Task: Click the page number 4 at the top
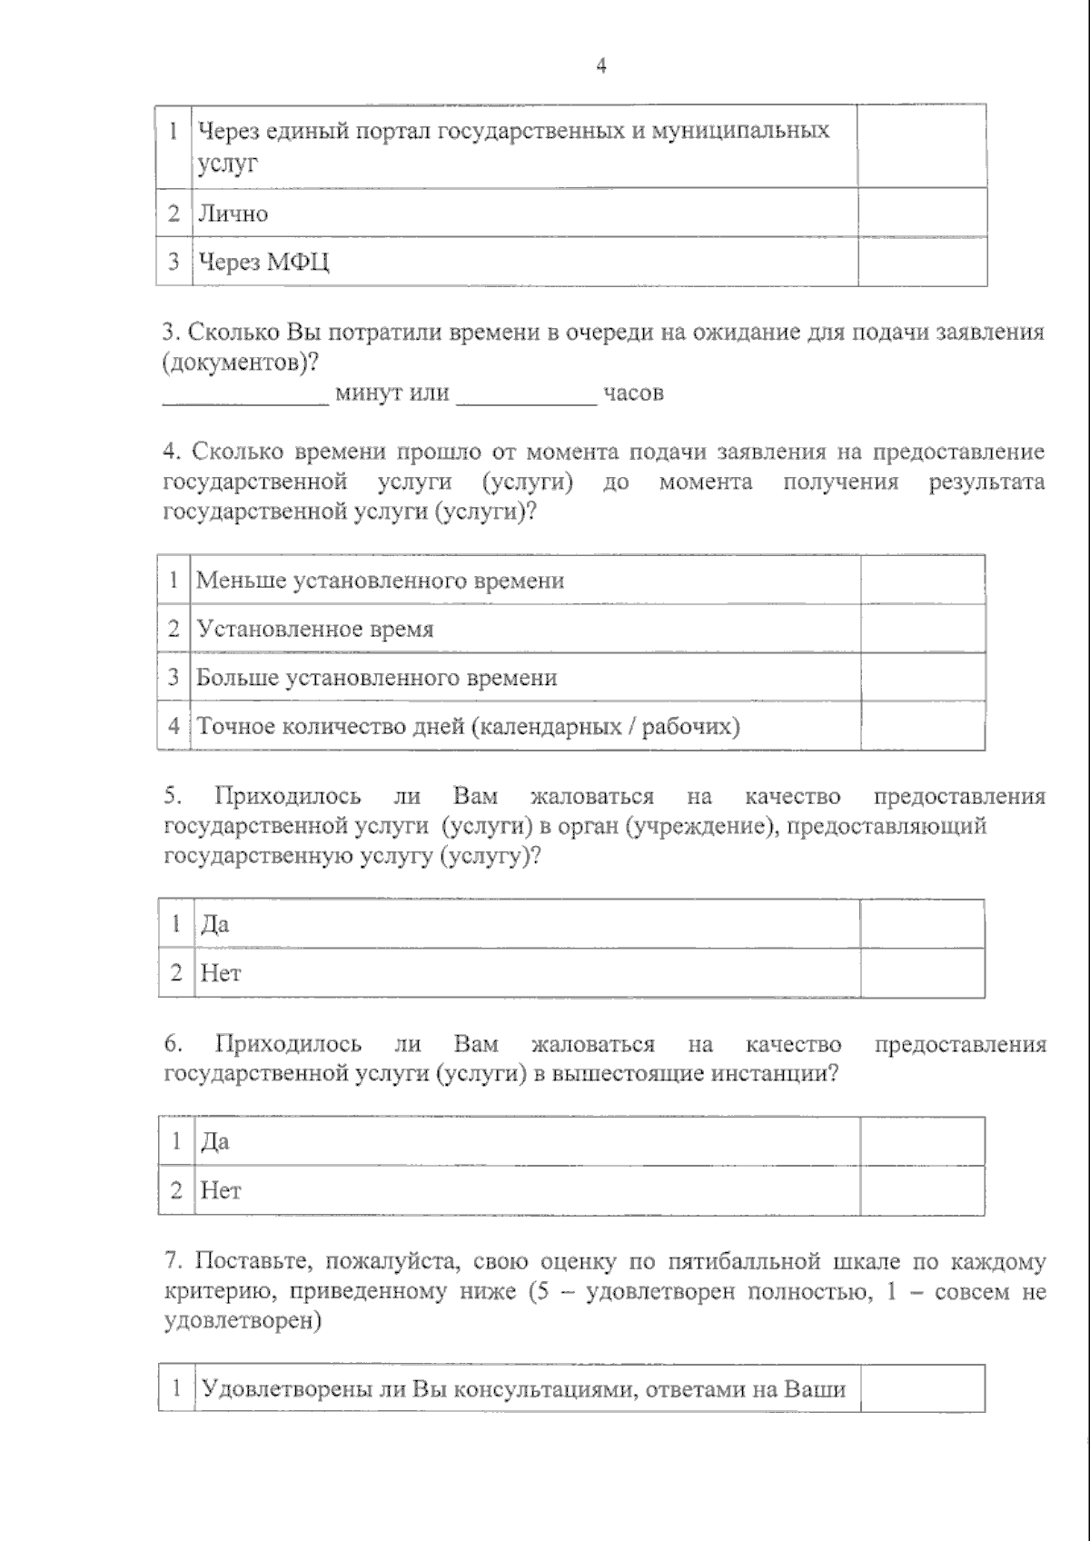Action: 600,65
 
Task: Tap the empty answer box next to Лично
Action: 922,213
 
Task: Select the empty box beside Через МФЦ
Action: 922,262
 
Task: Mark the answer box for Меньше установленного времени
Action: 922,580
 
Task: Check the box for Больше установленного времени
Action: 922,677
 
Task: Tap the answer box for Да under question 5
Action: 922,924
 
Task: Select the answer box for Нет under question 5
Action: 922,973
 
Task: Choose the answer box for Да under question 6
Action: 922,1141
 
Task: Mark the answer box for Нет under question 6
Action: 922,1190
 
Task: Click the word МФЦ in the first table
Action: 299,263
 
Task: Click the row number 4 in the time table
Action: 173,726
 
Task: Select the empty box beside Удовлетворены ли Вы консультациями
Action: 922,1389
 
